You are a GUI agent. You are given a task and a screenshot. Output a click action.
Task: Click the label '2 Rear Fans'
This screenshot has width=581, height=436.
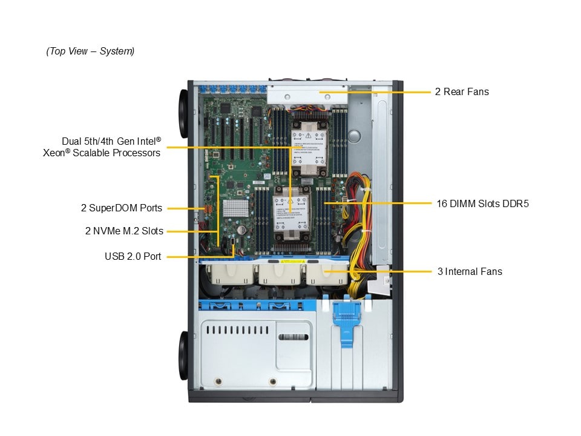click(x=462, y=92)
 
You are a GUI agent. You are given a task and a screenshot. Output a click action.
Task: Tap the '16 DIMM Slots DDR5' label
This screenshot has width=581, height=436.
click(x=482, y=203)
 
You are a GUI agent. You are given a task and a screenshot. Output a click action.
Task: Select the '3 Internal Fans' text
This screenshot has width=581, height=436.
click(x=470, y=271)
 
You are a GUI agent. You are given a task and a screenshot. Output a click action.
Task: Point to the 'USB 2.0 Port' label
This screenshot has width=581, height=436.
click(x=133, y=257)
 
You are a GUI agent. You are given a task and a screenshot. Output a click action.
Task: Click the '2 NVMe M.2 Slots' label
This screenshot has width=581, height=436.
click(x=124, y=231)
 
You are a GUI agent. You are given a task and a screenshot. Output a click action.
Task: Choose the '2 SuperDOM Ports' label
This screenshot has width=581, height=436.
click(x=122, y=208)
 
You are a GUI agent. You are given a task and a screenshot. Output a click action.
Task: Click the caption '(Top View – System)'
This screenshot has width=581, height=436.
click(x=90, y=51)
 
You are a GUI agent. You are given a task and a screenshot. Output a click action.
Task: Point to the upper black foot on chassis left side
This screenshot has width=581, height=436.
click(x=183, y=107)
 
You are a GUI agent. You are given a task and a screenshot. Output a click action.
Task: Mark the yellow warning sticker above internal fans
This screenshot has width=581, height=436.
click(x=290, y=262)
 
